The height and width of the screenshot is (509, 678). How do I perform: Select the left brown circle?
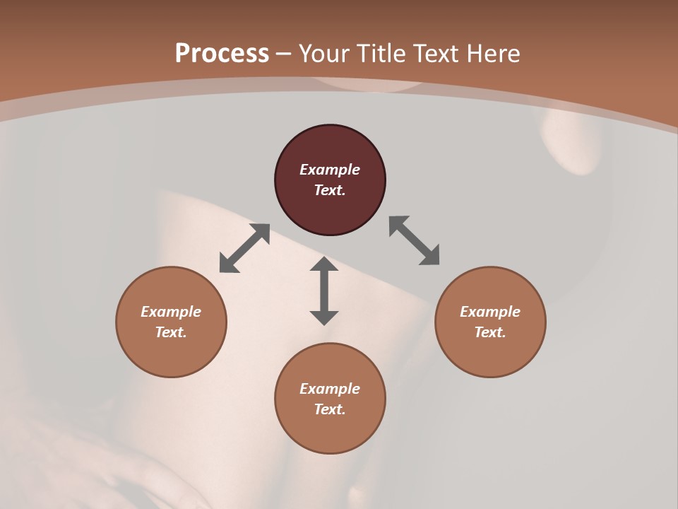pyautogui.click(x=171, y=322)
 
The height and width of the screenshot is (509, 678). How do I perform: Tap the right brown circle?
pyautogui.click(x=490, y=322)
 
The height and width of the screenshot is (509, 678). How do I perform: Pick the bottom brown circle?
pyautogui.click(x=330, y=399)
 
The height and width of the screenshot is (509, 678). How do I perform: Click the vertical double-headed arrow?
pyautogui.click(x=324, y=291)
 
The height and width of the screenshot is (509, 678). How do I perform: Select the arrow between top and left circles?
pyautogui.click(x=244, y=248)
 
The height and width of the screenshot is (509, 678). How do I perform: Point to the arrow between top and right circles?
pyautogui.click(x=414, y=240)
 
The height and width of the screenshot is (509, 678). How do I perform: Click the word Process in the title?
pyautogui.click(x=222, y=53)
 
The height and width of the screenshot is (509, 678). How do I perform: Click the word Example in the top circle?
pyautogui.click(x=330, y=170)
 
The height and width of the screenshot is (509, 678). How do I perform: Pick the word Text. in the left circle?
pyautogui.click(x=171, y=332)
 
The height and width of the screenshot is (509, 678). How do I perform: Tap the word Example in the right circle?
pyautogui.click(x=490, y=312)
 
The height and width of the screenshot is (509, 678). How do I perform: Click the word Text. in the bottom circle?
pyautogui.click(x=330, y=409)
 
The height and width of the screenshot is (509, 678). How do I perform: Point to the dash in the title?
pyautogui.click(x=284, y=54)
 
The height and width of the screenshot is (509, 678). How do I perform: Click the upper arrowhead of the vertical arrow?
pyautogui.click(x=324, y=264)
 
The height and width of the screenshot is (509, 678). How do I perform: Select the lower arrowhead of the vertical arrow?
pyautogui.click(x=324, y=317)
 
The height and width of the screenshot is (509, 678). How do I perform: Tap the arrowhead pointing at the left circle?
pyautogui.click(x=228, y=264)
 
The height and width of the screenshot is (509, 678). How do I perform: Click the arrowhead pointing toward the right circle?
pyautogui.click(x=430, y=257)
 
